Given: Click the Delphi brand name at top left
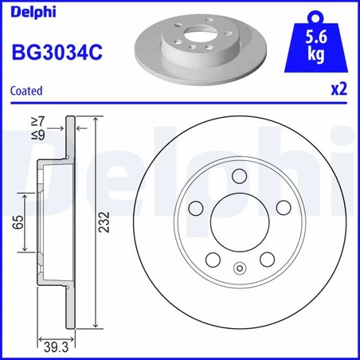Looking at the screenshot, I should click(28, 11).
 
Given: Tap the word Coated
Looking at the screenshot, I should click(26, 92).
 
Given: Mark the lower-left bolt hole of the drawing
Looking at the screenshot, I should click(213, 260).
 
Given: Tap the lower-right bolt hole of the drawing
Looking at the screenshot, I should click(266, 260).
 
